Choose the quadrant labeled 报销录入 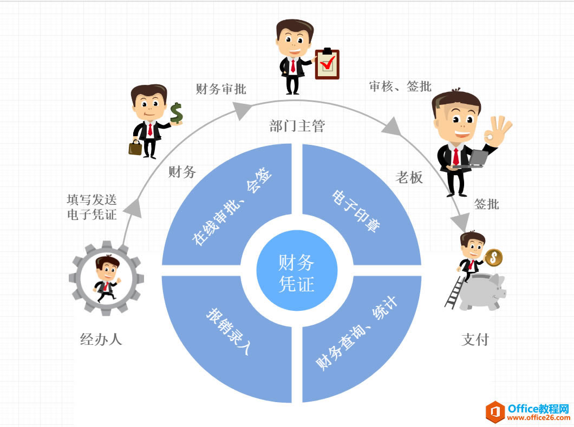click(227, 335)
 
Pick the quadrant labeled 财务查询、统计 click(357, 335)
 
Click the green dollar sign click(176, 114)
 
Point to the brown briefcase click(135, 147)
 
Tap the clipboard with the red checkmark click(327, 64)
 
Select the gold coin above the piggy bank click(493, 258)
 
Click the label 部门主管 click(297, 126)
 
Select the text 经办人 click(101, 339)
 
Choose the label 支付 click(475, 339)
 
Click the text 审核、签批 click(400, 86)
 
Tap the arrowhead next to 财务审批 click(242, 110)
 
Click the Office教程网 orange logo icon click(495, 412)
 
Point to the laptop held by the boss click(479, 158)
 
